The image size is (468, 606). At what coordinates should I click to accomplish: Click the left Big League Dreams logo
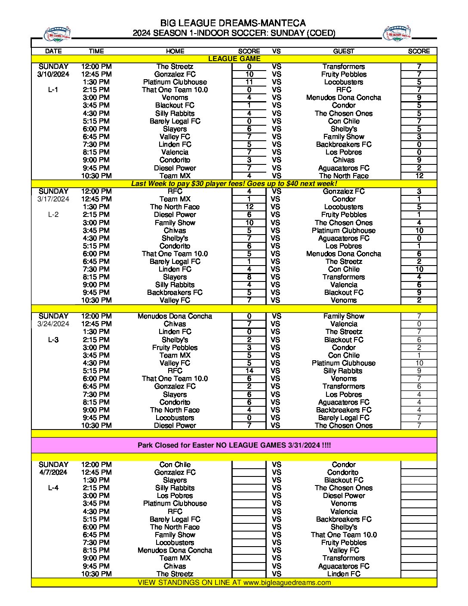[x=57, y=34]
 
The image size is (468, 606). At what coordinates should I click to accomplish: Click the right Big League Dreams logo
[x=397, y=34]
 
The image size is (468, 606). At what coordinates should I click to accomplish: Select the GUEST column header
[x=343, y=51]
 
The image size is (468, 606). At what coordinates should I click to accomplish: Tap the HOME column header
[x=175, y=51]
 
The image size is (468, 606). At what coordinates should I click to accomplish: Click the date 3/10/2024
[x=53, y=74]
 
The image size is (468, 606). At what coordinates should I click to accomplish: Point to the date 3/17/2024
[x=53, y=199]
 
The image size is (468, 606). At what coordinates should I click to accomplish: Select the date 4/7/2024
[x=53, y=473]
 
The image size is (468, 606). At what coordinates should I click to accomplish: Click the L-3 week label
[x=53, y=340]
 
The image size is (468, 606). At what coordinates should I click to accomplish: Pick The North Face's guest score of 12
[x=419, y=176]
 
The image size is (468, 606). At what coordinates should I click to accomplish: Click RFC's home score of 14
[x=249, y=371]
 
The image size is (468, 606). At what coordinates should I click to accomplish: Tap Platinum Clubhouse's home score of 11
[x=249, y=82]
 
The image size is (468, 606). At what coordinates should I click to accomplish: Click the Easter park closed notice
[x=234, y=445]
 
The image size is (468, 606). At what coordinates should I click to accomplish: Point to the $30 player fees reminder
[x=234, y=184]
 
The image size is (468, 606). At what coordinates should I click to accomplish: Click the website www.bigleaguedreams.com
[x=287, y=583]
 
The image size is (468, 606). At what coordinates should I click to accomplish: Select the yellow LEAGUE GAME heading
[x=234, y=59]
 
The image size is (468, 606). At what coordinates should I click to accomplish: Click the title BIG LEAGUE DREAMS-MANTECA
[x=233, y=23]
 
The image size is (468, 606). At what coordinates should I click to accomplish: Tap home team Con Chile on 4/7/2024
[x=175, y=465]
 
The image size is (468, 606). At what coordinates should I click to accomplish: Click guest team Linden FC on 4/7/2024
[x=343, y=574]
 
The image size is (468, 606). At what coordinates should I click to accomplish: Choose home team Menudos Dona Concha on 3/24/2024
[x=175, y=316]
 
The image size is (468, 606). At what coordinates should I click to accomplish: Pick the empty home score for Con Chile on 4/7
[x=249, y=465]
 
